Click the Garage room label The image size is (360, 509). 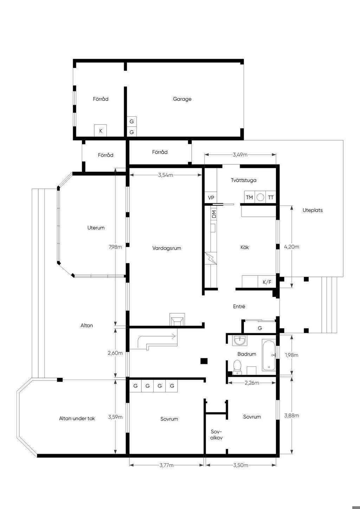(x=182, y=99)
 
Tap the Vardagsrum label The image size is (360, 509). (x=167, y=248)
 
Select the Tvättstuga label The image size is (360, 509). (x=244, y=180)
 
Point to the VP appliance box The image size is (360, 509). (x=211, y=198)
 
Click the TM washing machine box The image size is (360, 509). (x=249, y=197)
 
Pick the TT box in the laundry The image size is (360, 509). (x=270, y=197)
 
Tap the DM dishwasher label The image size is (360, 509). (x=214, y=214)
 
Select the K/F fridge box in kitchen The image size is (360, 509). (x=267, y=282)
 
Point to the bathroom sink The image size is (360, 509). (x=239, y=340)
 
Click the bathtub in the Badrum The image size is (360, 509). (x=269, y=355)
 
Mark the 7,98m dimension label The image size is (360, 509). (x=115, y=247)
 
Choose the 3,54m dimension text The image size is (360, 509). (x=166, y=175)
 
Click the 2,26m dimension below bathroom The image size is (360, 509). (x=252, y=383)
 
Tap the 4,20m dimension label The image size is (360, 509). (x=291, y=246)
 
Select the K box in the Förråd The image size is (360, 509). (x=101, y=131)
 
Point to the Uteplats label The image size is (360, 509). (x=313, y=210)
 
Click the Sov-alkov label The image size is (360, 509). (x=216, y=434)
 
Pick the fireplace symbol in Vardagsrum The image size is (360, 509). (x=177, y=320)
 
